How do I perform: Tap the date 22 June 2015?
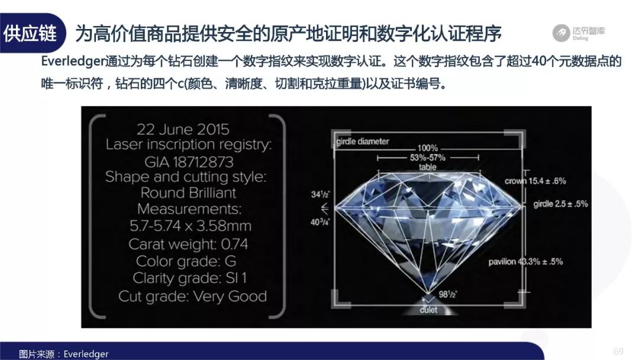click(x=183, y=129)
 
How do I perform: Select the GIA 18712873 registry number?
click(x=189, y=162)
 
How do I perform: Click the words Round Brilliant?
click(x=188, y=192)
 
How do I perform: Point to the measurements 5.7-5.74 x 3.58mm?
click(x=191, y=226)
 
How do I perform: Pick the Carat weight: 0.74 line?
click(x=188, y=244)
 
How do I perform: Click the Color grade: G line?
click(x=186, y=261)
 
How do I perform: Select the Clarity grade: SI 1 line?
click(x=189, y=278)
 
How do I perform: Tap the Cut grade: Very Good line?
click(x=192, y=296)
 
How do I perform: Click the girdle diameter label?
click(x=362, y=142)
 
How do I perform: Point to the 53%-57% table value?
click(x=428, y=157)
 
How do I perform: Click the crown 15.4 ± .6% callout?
click(x=535, y=181)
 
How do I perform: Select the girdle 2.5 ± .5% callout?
click(x=560, y=204)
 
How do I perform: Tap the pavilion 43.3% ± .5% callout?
click(x=525, y=261)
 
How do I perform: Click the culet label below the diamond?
click(x=428, y=310)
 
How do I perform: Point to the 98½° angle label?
click(x=448, y=294)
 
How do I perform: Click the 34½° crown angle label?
click(x=320, y=194)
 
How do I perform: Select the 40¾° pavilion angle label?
click(x=320, y=222)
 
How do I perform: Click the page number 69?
click(x=618, y=352)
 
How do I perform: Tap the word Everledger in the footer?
click(x=86, y=354)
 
